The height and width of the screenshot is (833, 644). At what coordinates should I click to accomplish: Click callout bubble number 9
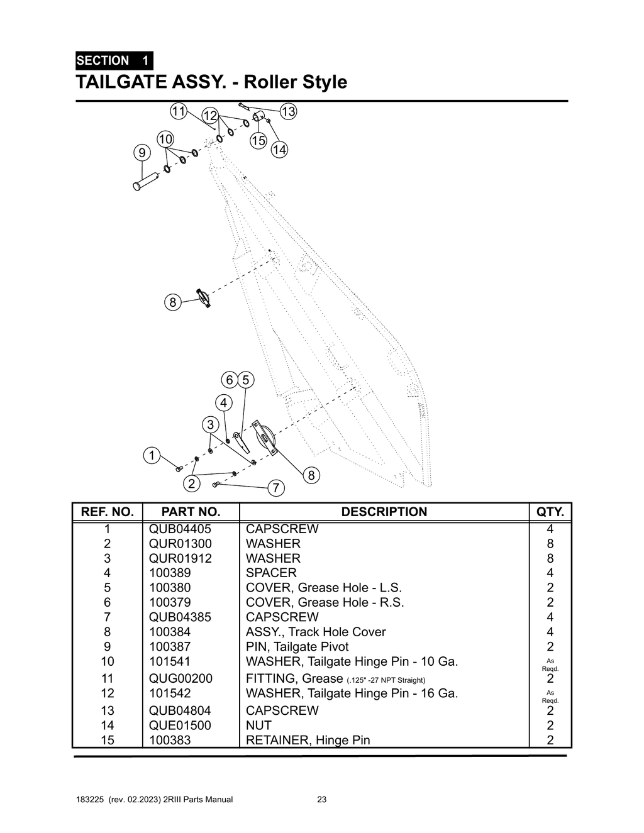[142, 153]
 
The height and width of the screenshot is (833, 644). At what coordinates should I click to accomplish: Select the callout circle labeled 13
[288, 112]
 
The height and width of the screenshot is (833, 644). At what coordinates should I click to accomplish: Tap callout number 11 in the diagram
[179, 111]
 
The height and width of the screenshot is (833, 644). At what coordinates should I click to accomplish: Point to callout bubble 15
[258, 141]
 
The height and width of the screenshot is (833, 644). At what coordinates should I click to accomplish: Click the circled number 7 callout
[276, 488]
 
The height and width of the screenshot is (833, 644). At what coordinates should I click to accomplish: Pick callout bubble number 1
[151, 455]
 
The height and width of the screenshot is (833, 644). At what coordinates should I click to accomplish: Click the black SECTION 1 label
[113, 61]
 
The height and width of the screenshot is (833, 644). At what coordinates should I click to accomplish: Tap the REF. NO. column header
[108, 512]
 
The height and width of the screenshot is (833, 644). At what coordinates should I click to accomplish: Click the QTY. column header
[550, 512]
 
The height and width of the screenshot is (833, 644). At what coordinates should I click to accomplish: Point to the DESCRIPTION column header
[384, 512]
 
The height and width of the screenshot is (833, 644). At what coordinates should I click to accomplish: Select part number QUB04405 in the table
[180, 529]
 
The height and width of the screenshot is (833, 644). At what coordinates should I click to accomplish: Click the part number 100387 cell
[170, 646]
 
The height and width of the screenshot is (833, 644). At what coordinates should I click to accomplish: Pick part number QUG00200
[180, 678]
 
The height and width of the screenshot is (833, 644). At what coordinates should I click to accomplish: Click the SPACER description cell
[271, 573]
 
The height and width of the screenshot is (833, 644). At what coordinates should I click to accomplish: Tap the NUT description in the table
[258, 725]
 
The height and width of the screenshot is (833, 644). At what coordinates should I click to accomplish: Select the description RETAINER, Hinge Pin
[308, 740]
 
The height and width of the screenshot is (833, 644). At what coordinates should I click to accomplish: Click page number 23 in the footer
[321, 800]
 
